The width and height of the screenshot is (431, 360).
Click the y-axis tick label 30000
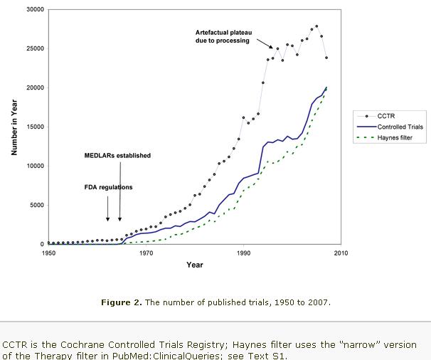[33, 9]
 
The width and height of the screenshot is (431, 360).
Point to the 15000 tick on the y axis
[33, 127]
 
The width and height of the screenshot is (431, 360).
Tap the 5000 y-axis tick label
[36, 205]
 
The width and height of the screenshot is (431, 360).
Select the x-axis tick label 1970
[146, 253]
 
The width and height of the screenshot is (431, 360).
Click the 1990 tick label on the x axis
[243, 253]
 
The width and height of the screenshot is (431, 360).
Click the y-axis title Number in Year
[14, 127]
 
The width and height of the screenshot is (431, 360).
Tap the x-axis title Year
[194, 265]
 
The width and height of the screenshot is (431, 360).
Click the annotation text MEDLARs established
[117, 155]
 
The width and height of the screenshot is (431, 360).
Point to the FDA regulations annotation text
[108, 187]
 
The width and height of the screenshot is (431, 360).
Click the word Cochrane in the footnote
[84, 344]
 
